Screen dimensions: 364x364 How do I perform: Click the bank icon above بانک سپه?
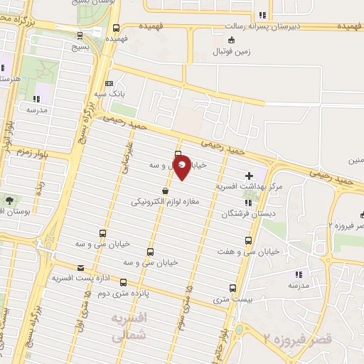(108, 83)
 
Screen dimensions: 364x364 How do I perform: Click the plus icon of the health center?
(249, 175)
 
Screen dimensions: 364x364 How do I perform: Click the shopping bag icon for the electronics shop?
(166, 191)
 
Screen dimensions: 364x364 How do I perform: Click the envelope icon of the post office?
(80, 268)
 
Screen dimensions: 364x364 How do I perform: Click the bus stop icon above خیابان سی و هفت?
(248, 240)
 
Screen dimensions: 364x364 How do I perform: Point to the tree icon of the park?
(10, 200)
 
